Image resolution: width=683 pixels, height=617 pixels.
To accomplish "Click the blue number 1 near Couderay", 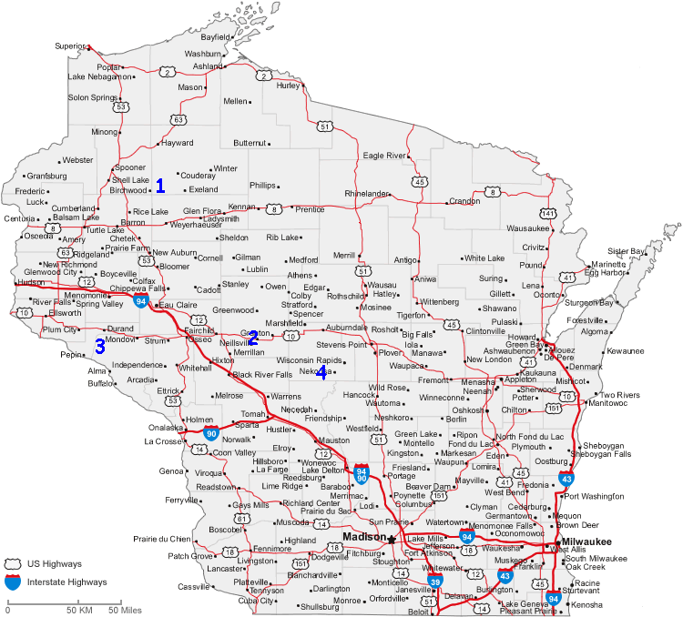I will (160, 186).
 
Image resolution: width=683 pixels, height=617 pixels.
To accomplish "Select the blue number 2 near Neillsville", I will (253, 337).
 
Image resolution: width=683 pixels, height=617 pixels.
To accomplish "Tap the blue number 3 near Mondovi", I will (100, 346).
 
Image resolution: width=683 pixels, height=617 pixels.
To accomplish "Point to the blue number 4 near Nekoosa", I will (321, 373).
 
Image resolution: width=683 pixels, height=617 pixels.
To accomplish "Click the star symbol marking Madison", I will (392, 539).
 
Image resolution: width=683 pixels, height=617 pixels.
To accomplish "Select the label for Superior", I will (69, 46).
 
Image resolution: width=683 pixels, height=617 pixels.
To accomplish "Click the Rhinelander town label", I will (366, 194).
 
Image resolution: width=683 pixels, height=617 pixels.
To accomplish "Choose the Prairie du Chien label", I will (162, 539).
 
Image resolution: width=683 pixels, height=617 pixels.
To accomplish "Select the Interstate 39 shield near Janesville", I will (436, 581).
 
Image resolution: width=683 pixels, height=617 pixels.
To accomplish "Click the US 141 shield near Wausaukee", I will (547, 213).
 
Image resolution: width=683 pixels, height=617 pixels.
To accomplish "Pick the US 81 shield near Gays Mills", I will (242, 519).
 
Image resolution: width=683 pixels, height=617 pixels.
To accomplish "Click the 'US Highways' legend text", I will (60, 564).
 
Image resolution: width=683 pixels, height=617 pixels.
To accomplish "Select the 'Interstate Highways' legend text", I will (69, 582).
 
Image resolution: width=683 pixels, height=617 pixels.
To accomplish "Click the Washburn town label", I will (202, 54).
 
